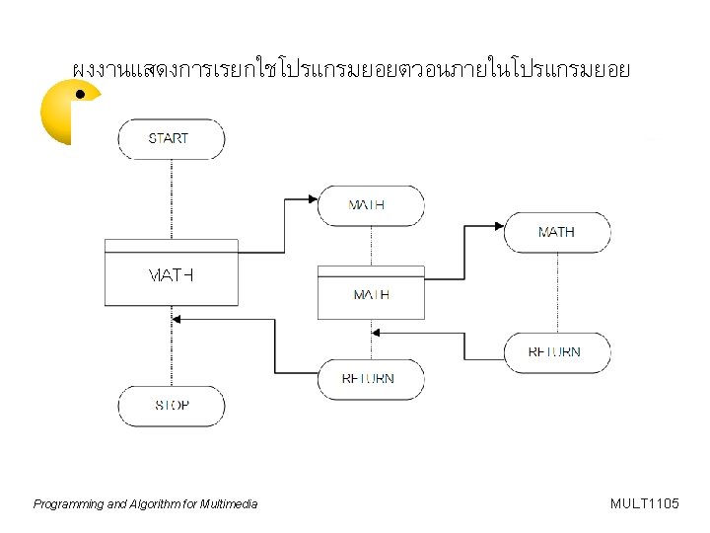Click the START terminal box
click(x=171, y=138)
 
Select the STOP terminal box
click(x=172, y=406)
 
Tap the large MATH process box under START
click(x=171, y=274)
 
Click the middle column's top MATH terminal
click(x=371, y=205)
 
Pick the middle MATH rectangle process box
click(x=371, y=294)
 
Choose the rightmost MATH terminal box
click(x=557, y=232)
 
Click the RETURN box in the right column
click(x=557, y=352)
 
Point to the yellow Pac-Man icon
click(x=67, y=112)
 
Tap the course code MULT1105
click(x=645, y=504)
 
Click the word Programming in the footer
click(x=67, y=504)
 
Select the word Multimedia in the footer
click(x=228, y=504)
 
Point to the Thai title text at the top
click(x=350, y=70)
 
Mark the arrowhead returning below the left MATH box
click(x=178, y=318)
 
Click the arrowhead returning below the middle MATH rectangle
click(x=379, y=333)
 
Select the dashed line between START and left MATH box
click(x=172, y=197)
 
